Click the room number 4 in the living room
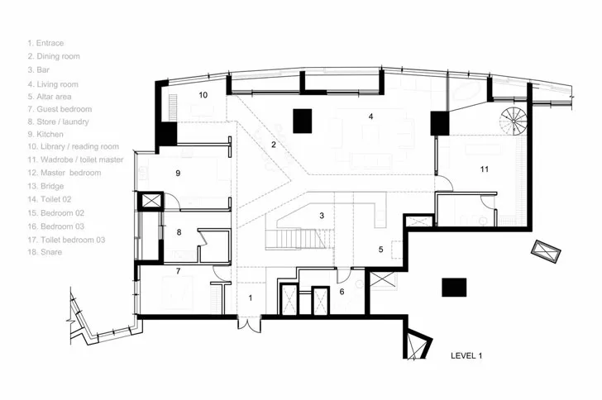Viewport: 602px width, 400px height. [370, 117]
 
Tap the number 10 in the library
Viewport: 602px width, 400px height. [203, 95]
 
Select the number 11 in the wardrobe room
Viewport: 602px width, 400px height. [484, 169]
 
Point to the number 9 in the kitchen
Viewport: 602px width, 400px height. [178, 173]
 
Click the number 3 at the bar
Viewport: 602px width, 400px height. [322, 216]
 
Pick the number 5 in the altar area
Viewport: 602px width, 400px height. [381, 250]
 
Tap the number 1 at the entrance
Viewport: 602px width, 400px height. [251, 298]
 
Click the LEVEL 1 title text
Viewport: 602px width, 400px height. [466, 356]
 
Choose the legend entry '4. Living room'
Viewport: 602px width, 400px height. [53, 84]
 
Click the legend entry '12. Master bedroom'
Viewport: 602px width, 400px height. [64, 173]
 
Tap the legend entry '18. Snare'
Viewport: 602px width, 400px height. [45, 252]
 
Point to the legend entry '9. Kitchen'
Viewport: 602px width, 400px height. [45, 135]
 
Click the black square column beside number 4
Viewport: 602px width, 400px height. [303, 121]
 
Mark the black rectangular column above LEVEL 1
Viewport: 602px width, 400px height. [454, 288]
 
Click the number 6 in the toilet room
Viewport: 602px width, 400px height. [342, 292]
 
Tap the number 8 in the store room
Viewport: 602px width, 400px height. [179, 232]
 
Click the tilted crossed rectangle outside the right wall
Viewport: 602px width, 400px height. [546, 251]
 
